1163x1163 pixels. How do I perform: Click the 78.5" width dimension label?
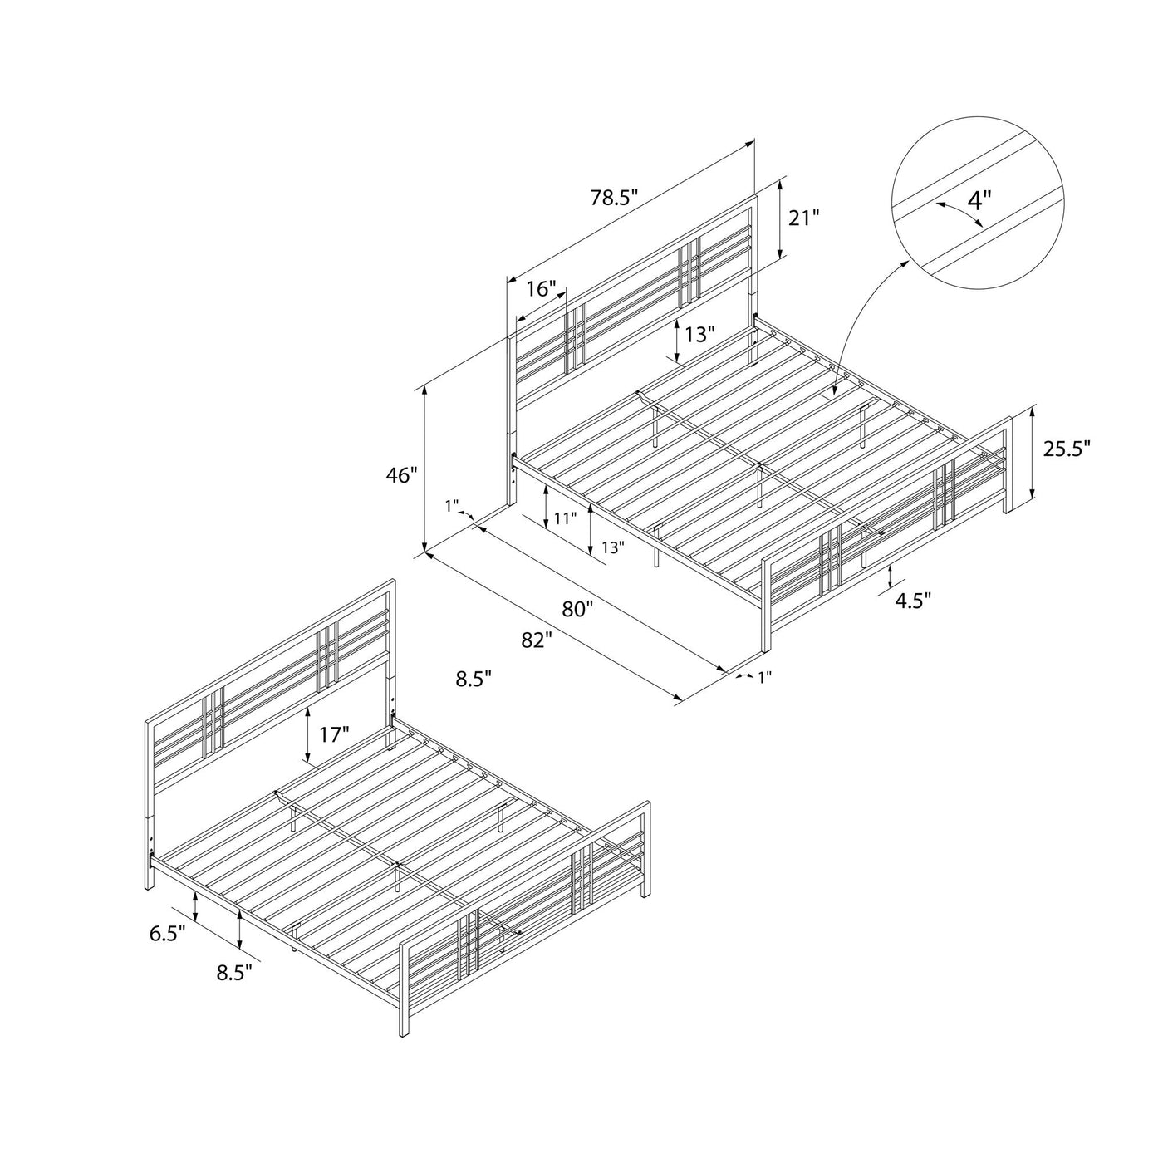coord(614,197)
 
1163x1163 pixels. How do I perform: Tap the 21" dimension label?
coord(804,218)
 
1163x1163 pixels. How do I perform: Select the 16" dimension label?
coord(541,289)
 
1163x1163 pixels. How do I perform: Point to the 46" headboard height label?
coord(402,475)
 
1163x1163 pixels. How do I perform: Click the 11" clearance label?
coord(566,518)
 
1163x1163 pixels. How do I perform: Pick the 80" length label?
coord(574,610)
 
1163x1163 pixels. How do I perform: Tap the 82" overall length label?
coord(537,640)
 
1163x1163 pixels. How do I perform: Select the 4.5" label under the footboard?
coord(913,601)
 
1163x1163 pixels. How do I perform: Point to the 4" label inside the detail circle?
coord(979,199)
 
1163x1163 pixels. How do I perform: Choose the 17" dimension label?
coord(335,734)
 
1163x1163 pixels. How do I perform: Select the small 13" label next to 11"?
coord(612,547)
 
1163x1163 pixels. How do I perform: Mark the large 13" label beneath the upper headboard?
coord(699,334)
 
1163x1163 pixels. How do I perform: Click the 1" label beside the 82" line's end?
coord(764,678)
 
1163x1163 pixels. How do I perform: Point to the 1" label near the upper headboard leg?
coord(452,506)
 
